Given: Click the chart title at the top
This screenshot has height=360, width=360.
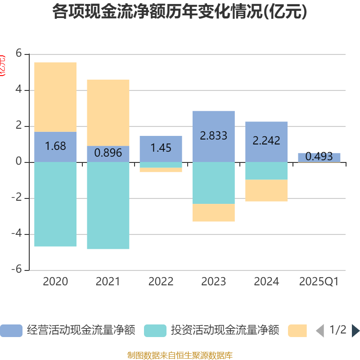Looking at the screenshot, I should coord(180,12).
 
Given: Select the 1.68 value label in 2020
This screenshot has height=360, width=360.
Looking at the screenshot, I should coord(55,146).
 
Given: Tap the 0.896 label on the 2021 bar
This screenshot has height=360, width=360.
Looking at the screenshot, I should coord(108,153).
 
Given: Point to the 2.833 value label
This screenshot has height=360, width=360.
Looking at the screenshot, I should coord(213,135).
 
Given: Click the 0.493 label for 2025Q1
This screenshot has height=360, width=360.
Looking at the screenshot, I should coord(319,157).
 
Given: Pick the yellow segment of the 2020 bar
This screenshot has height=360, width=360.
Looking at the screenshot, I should coord(55,97).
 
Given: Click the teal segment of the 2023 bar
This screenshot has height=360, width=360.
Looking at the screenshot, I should coord(213,183).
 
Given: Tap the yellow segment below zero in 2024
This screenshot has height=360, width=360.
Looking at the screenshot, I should coord(266,190).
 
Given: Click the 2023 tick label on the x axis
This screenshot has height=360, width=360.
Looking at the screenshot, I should coord(213,282).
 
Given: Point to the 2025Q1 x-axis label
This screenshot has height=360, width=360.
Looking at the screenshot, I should coord(319,282).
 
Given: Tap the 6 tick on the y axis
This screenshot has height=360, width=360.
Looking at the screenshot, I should coord(19,54).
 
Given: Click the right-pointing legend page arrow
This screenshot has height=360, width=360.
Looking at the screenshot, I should coord(355,331).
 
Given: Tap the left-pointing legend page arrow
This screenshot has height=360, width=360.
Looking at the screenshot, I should coord(320,331).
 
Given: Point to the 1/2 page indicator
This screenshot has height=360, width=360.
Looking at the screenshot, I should coord(337,330).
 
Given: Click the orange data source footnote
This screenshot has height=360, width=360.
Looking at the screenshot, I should coord(180,355).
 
